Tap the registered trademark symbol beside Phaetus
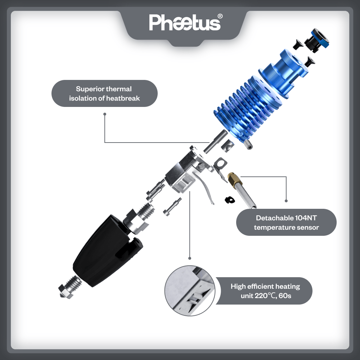click(x=220, y=16)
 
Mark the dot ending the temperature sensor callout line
click(x=286, y=201)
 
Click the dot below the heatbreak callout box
click(x=105, y=114)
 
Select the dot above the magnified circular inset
click(x=190, y=258)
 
